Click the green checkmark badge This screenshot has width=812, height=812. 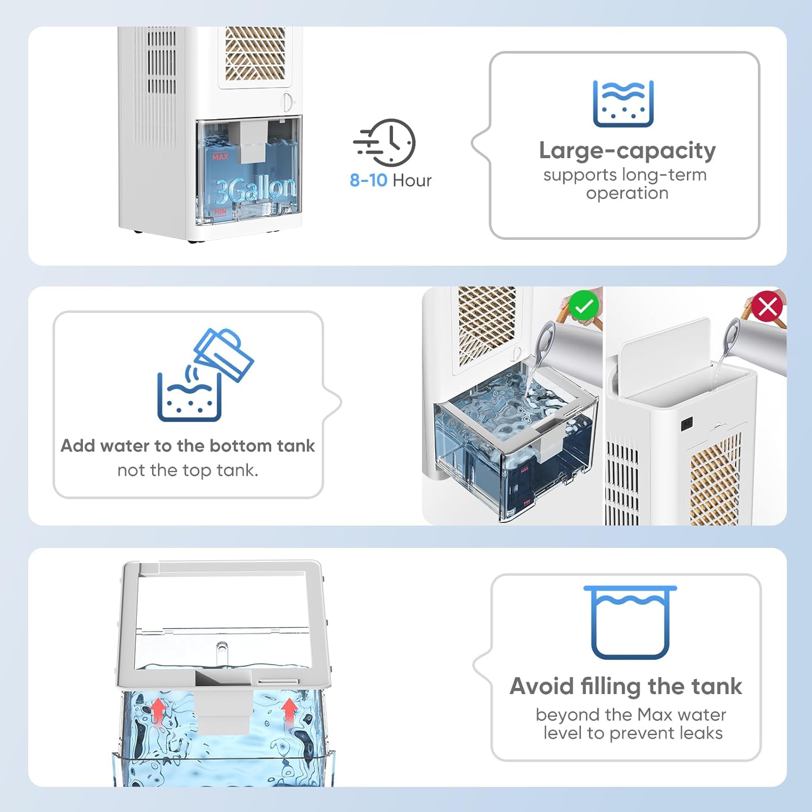584,306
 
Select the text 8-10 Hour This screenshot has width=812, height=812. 390,180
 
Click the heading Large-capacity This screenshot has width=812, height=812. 627,150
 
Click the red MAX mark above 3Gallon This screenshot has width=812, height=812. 220,157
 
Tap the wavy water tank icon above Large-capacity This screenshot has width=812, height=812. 623,104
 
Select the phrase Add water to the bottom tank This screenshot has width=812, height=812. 187,446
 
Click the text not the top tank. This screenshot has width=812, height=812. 187,470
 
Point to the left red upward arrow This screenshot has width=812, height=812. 158,710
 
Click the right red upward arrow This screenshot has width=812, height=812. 290,709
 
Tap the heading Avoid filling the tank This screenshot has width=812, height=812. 625,686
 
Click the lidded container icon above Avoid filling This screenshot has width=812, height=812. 630,623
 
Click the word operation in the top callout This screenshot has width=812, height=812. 627,193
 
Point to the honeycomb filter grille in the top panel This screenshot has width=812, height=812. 255,53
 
